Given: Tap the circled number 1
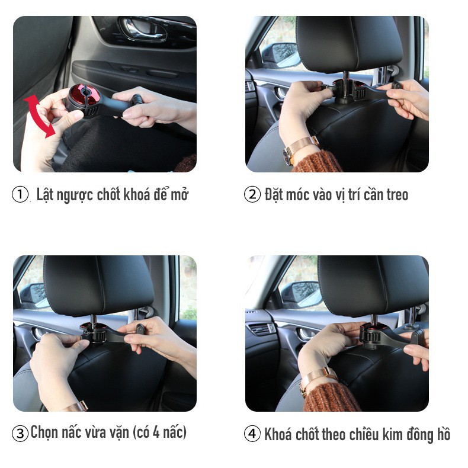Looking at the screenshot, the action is [x=20, y=194].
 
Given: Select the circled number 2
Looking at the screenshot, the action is [x=252, y=194].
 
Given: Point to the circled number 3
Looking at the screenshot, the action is [x=20, y=433].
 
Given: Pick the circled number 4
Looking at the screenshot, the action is [x=252, y=434].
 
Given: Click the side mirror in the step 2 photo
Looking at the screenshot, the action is [x=281, y=56].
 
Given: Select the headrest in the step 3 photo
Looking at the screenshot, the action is [x=98, y=285].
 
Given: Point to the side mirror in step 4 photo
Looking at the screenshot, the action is [x=302, y=294].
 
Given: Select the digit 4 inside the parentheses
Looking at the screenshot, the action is [x=156, y=432].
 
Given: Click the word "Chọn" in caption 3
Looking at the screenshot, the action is [x=44, y=432].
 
